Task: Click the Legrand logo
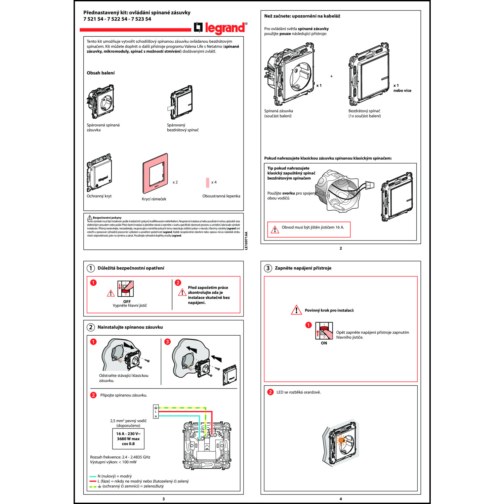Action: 220,28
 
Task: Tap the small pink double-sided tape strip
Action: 208,182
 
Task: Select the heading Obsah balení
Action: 100,73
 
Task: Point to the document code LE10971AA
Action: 246,241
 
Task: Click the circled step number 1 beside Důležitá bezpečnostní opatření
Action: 91,268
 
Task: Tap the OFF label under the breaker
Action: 127,301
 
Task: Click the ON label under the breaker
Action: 324,343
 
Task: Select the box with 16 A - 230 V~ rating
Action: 128,439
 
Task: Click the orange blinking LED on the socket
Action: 341,440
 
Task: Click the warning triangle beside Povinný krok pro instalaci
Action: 296,310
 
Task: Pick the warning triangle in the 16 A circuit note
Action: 275,230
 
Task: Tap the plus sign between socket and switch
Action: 331,76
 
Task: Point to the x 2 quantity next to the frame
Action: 175,182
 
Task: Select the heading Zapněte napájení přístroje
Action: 303,268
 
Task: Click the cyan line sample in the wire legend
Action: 93,476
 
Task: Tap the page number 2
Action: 341,248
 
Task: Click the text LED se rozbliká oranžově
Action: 298,392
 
